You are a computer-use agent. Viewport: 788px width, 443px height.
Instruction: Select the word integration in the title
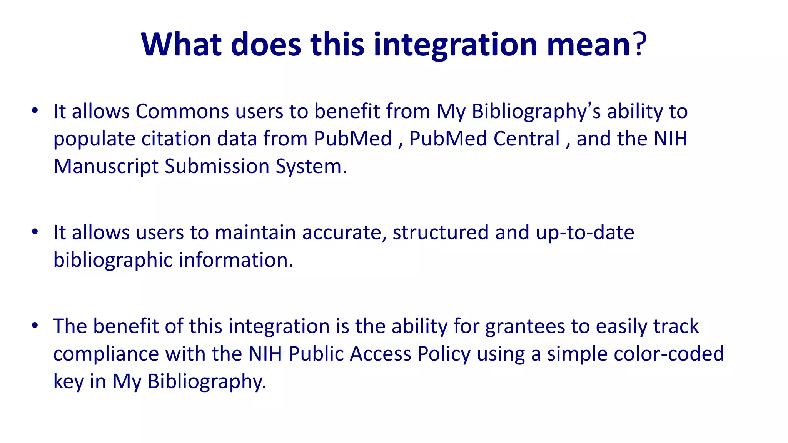pos(455,45)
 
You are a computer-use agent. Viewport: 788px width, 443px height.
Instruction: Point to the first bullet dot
pos(35,111)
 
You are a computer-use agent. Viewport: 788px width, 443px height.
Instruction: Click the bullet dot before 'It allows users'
pos(35,232)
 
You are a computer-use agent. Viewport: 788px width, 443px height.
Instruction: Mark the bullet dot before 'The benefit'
pos(35,326)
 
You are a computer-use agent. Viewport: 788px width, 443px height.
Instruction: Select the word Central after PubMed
pos(526,139)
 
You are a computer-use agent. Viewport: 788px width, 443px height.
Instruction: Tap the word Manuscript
pos(105,167)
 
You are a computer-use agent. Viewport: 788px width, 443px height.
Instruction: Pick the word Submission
pos(217,167)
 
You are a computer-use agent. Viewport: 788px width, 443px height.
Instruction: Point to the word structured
pos(440,233)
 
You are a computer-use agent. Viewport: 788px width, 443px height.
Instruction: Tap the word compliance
pos(106,354)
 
